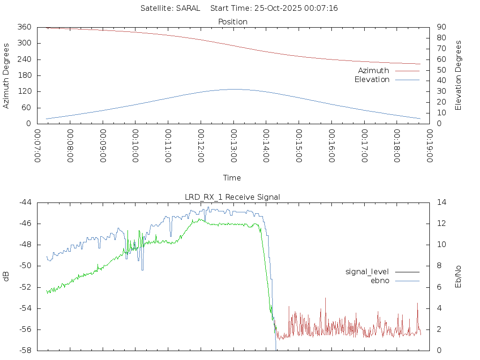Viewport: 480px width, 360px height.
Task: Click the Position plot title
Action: (233, 22)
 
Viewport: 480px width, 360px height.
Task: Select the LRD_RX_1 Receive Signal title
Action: (233, 197)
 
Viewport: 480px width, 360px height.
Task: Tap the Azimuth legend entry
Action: (374, 70)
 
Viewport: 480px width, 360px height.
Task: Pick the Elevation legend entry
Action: (372, 79)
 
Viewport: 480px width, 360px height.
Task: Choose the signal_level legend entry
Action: (367, 271)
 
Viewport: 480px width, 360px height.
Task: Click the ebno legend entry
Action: (380, 280)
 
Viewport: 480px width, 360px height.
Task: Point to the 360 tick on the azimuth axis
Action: (24, 27)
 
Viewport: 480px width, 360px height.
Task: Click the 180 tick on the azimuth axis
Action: (24, 75)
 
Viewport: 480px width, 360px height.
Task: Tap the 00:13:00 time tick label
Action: (233, 146)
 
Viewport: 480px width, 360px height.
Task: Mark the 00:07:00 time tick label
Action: (37, 146)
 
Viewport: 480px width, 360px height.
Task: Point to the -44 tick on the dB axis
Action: (25, 202)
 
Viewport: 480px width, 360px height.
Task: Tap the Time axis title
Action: (232, 178)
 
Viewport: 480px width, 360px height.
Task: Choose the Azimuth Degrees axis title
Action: (6, 75)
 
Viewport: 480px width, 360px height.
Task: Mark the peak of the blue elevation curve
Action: (234, 89)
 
